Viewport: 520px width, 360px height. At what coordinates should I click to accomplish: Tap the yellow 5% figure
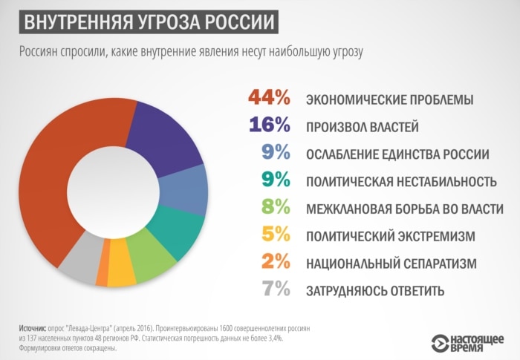275,235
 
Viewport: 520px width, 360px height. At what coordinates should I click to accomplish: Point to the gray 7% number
275,289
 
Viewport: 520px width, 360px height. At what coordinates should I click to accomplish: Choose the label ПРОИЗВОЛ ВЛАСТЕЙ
363,128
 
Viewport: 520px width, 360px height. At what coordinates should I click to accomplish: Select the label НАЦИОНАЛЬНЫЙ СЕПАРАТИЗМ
391,264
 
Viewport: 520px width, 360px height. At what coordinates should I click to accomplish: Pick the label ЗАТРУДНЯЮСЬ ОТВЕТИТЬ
375,291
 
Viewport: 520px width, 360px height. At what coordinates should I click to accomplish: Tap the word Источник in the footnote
33,327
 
